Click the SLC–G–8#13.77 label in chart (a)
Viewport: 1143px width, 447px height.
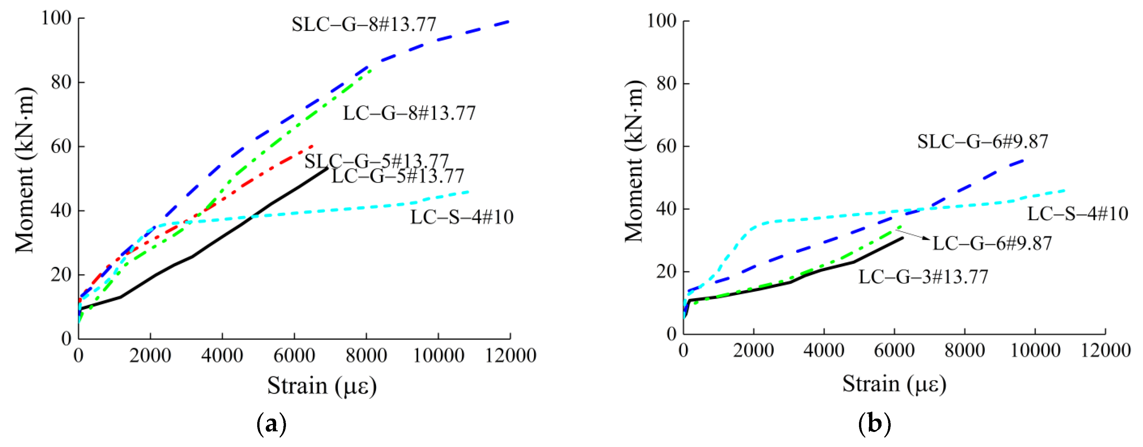(x=364, y=25)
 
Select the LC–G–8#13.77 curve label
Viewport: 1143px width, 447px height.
(x=409, y=113)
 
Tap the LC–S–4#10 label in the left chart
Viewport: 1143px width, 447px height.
(x=461, y=217)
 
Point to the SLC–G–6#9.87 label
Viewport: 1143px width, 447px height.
(x=982, y=142)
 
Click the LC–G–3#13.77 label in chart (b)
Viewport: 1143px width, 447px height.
(x=923, y=277)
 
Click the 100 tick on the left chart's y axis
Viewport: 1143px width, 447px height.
(x=56, y=18)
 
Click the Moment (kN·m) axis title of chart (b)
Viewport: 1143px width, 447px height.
(x=634, y=162)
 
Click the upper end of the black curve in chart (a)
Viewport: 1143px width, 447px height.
(x=328, y=168)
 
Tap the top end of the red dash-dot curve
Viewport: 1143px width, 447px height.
(x=313, y=146)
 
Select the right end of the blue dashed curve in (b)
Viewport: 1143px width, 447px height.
(x=1023, y=160)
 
